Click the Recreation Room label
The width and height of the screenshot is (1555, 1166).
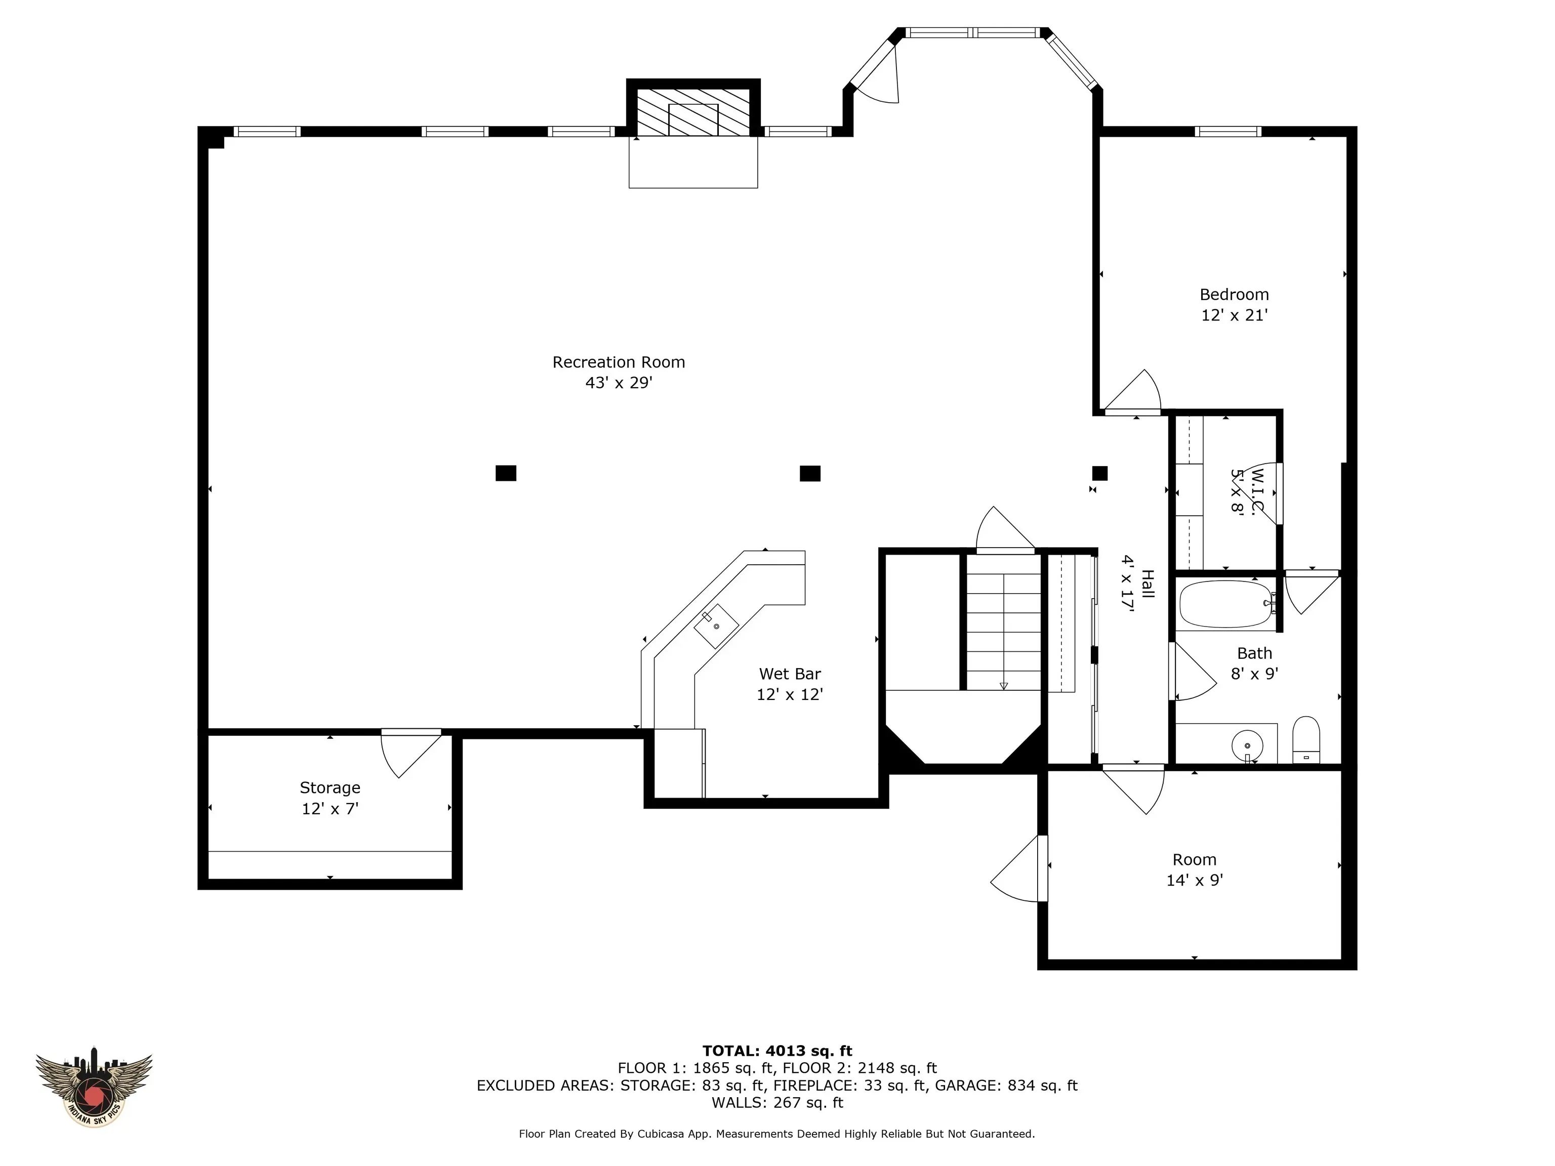coord(618,362)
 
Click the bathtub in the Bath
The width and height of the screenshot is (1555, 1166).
coord(1225,603)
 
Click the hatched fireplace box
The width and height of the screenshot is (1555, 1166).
coord(692,112)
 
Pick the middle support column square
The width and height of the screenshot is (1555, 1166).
coord(810,473)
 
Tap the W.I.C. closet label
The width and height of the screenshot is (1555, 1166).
coord(1248,491)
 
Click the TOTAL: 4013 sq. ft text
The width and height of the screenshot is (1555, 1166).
coord(777,1051)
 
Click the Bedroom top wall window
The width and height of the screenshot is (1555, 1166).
coord(1227,132)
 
